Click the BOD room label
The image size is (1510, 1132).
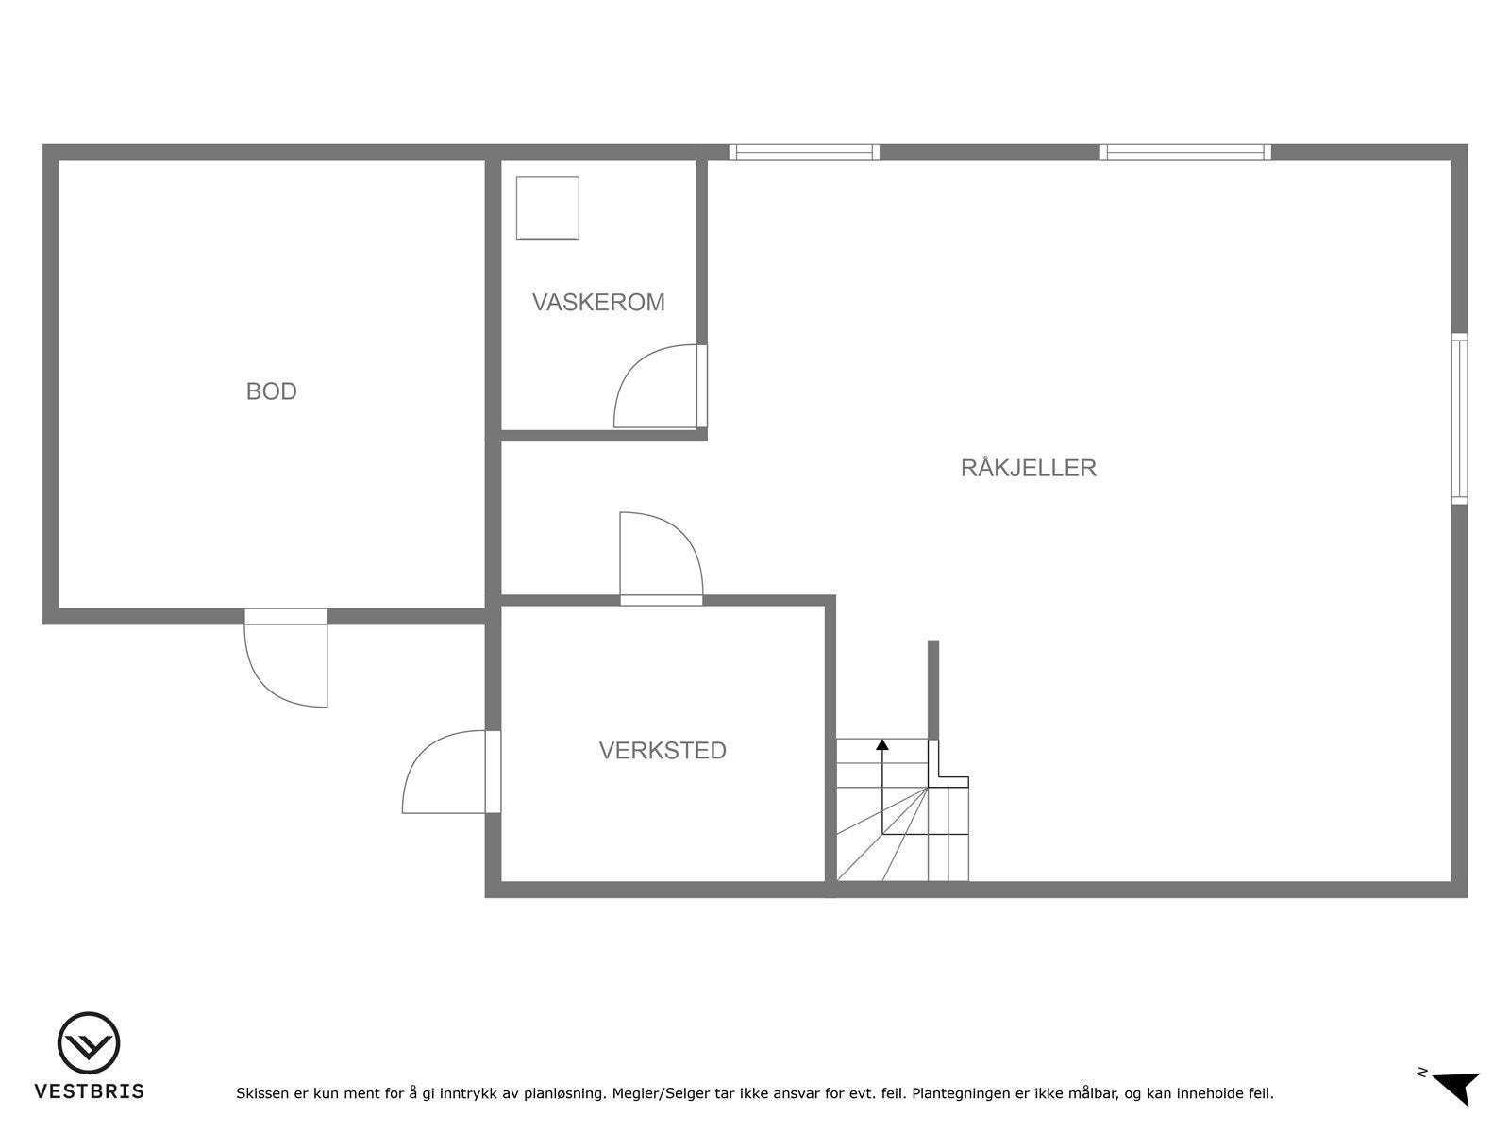click(271, 391)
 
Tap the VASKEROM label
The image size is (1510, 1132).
click(598, 302)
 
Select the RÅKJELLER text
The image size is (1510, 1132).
click(1028, 467)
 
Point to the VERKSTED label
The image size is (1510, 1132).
click(663, 750)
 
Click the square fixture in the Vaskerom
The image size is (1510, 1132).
click(547, 208)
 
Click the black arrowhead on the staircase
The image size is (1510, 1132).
click(882, 744)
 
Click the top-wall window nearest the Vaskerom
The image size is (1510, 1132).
click(804, 152)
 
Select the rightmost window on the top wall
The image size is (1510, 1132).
click(1185, 152)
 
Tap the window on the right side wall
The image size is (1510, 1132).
click(1459, 418)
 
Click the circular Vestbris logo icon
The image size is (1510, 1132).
click(89, 1043)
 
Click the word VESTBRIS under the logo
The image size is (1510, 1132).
click(89, 1091)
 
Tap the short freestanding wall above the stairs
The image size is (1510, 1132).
click(933, 689)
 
